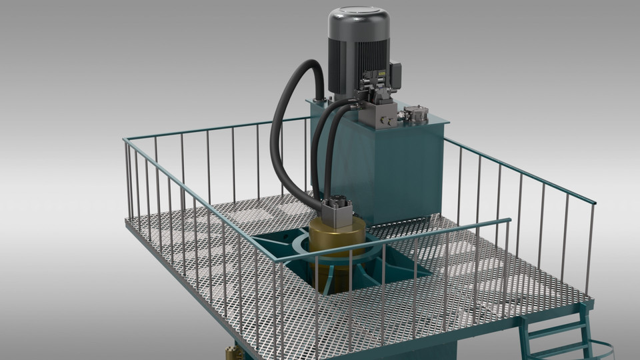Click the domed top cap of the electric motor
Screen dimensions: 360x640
coord(358,17)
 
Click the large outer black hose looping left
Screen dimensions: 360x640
coord(280,133)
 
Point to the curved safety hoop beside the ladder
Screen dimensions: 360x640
coord(603,347)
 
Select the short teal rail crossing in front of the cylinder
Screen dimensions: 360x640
coord(467,227)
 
